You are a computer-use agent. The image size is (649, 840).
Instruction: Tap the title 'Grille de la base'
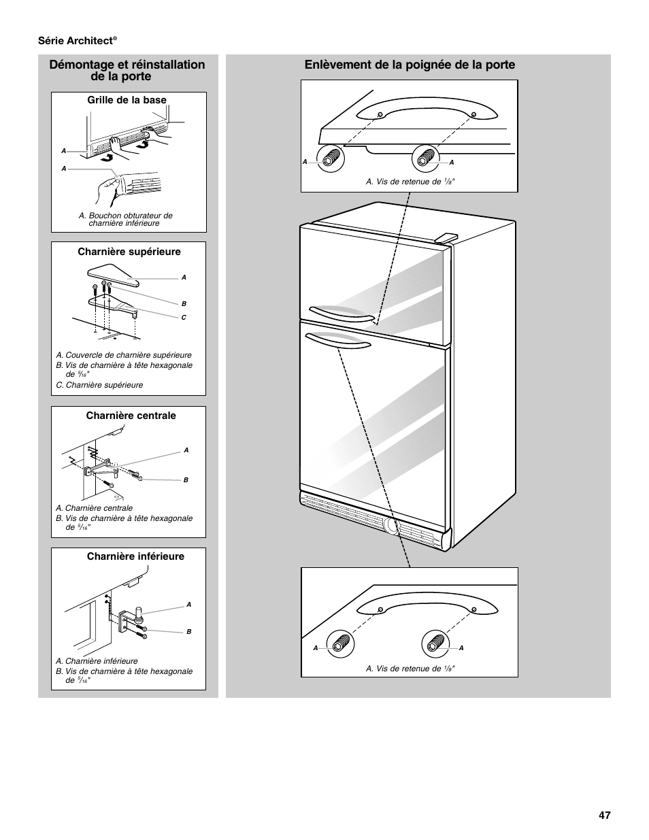[127, 100]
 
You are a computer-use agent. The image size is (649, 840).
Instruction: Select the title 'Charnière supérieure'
[129, 252]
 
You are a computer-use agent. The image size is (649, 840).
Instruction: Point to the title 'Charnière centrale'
[131, 416]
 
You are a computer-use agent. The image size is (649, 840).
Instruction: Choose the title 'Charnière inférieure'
[135, 556]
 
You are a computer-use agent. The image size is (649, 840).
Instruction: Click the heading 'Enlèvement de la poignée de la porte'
[410, 65]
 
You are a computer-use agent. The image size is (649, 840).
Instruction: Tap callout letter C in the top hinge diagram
[184, 318]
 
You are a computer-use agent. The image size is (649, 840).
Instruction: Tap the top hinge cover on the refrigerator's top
[446, 236]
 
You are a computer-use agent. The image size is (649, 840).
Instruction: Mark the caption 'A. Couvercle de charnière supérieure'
[124, 355]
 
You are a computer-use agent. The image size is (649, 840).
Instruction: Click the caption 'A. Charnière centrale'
[94, 508]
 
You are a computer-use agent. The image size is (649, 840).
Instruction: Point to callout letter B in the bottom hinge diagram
[189, 632]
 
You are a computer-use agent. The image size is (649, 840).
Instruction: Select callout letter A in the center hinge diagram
[186, 450]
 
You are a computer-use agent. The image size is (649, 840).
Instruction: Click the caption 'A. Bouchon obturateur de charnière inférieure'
[125, 219]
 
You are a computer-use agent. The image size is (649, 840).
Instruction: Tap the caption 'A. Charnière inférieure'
[97, 661]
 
